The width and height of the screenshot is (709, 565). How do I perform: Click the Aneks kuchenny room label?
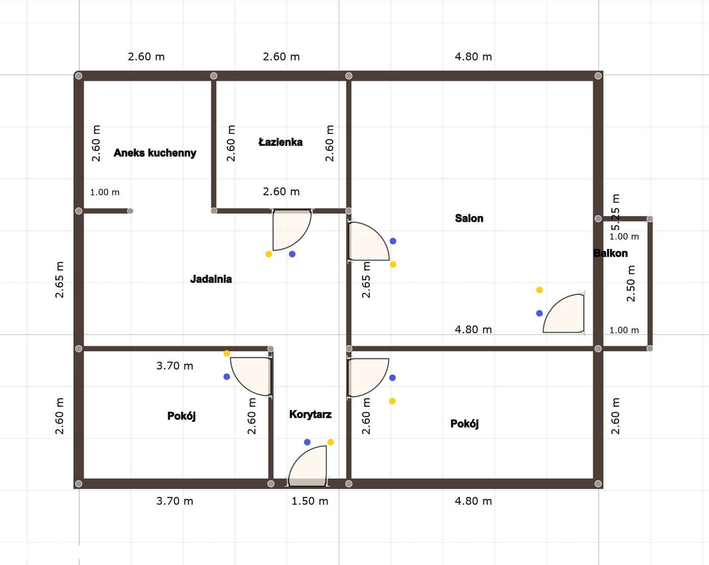[155, 153]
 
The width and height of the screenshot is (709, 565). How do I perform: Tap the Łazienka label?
[280, 142]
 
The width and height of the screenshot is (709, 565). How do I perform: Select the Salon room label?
[469, 218]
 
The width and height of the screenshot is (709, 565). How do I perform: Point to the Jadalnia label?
[211, 279]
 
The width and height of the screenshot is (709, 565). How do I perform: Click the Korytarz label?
[310, 415]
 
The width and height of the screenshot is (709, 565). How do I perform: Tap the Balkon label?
[611, 253]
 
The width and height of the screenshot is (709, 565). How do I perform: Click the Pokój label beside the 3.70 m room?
[181, 416]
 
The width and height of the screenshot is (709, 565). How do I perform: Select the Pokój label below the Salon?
[464, 424]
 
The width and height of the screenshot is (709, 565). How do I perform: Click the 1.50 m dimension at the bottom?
[310, 501]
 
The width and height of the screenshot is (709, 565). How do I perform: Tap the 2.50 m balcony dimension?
[631, 283]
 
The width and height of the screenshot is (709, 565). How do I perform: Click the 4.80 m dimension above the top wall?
[473, 57]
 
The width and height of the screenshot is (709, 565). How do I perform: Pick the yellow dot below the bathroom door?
[269, 254]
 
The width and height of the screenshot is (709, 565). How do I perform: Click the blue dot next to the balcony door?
[539, 313]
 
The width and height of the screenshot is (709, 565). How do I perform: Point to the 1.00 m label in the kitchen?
[105, 192]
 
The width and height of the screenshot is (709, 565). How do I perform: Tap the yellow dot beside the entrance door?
[331, 442]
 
